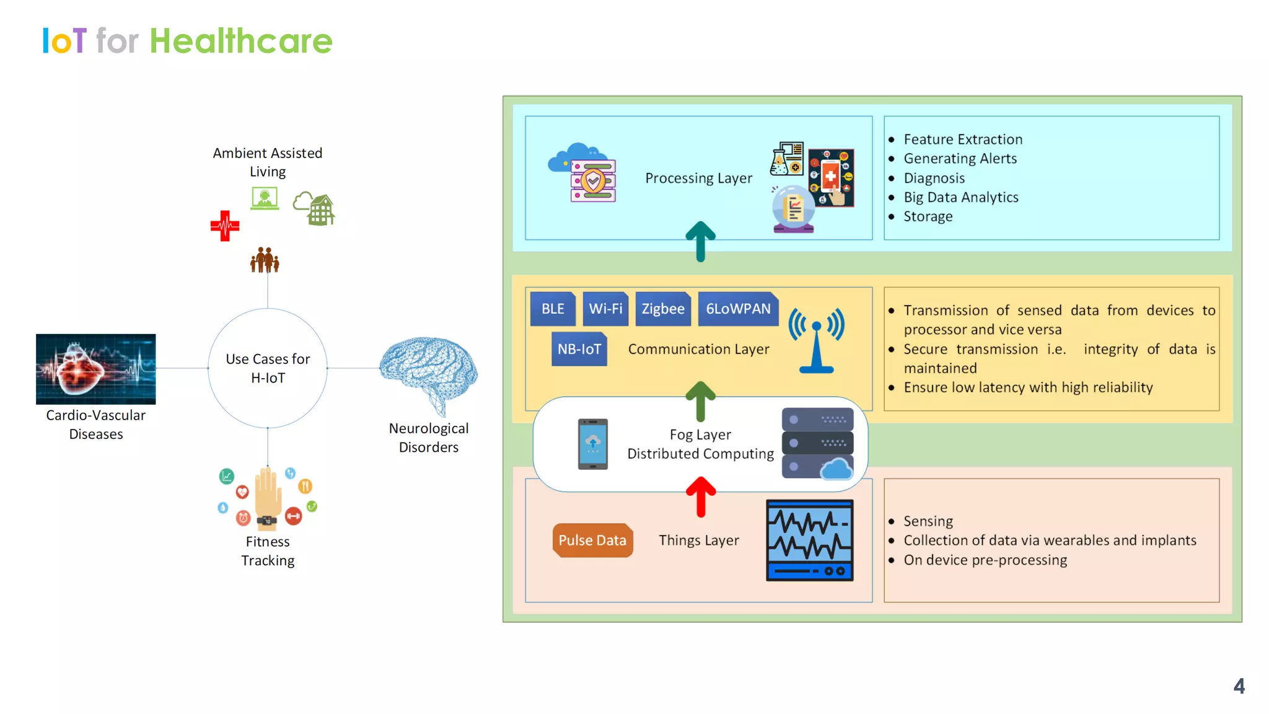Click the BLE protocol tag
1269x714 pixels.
(x=553, y=309)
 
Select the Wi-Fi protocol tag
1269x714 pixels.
(x=605, y=309)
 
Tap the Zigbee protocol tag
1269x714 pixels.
(x=662, y=309)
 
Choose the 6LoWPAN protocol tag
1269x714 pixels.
(x=738, y=309)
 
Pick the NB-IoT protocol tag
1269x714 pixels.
(x=579, y=349)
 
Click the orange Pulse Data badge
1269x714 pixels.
(x=592, y=540)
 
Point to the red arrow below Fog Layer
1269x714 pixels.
(x=701, y=496)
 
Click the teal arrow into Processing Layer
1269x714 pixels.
(x=701, y=241)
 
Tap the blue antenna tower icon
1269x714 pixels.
(x=816, y=340)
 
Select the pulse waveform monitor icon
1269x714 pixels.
(x=809, y=540)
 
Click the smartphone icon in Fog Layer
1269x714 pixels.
(x=592, y=444)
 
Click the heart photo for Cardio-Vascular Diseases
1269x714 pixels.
(x=96, y=369)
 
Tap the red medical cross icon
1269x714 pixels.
(x=224, y=226)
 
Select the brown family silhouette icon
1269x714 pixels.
(x=265, y=260)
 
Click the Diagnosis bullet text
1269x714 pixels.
(x=934, y=178)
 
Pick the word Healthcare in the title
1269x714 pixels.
(x=241, y=41)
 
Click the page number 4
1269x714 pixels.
(x=1239, y=686)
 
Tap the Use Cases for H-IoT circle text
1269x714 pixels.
(x=268, y=368)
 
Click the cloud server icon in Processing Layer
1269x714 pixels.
(x=583, y=173)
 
